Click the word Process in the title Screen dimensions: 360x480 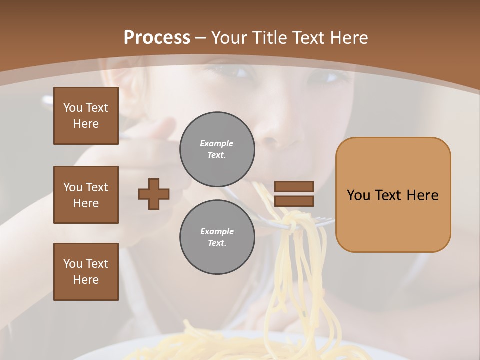click(x=157, y=38)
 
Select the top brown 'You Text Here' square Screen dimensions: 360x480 click(x=86, y=116)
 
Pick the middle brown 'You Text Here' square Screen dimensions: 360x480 click(x=86, y=195)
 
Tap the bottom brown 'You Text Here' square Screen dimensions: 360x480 click(x=86, y=272)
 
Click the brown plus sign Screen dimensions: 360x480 click(x=154, y=194)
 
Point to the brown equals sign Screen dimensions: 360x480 click(x=294, y=194)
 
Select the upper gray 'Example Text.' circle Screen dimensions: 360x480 click(x=217, y=149)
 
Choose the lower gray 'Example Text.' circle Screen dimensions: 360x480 click(x=217, y=237)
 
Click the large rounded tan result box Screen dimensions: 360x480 click(x=393, y=195)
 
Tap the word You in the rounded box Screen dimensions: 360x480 click(x=358, y=195)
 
